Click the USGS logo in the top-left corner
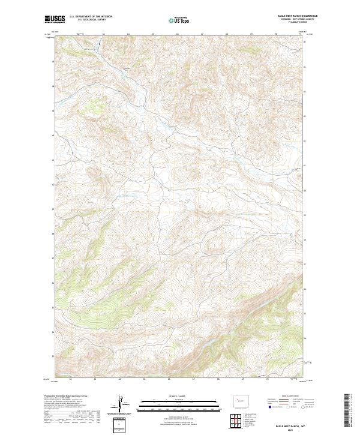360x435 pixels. [x=55, y=19]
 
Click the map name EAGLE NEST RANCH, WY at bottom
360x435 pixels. [x=290, y=421]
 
